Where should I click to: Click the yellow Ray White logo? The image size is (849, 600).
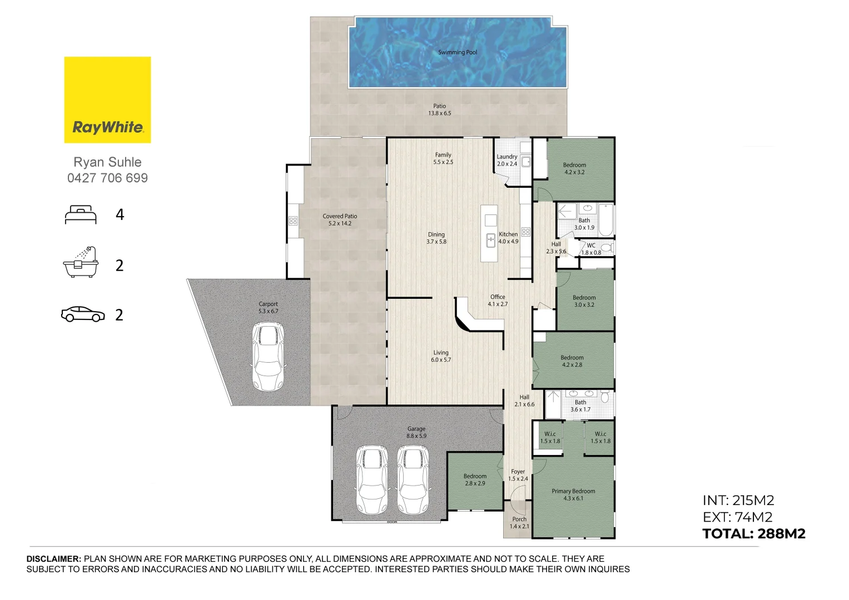coord(107,100)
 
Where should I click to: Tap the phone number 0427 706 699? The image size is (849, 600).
coord(107,178)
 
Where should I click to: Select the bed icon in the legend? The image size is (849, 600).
coord(81,215)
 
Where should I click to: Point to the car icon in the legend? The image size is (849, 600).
coord(83,314)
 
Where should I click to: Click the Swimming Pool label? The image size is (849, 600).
coord(457,52)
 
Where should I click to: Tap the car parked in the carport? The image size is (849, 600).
coord(268,357)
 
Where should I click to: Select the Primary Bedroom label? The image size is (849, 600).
coord(573,494)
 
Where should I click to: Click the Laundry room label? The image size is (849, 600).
coord(507,160)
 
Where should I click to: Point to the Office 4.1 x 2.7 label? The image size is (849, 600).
coord(498,301)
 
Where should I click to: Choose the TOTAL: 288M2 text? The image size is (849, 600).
coord(753,534)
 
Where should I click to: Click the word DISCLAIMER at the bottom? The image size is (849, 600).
coord(54,559)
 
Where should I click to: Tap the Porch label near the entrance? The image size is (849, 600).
coord(519,523)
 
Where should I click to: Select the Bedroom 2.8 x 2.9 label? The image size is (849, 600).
coord(475,479)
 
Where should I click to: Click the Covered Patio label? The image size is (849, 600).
coord(340,219)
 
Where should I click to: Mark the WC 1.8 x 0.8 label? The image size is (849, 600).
coord(591,249)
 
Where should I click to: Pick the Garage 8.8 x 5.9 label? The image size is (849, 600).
coord(416,432)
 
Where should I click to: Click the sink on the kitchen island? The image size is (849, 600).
coord(490,241)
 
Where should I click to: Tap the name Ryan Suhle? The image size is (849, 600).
coord(107,162)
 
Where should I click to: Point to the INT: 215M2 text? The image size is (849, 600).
coord(738,501)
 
